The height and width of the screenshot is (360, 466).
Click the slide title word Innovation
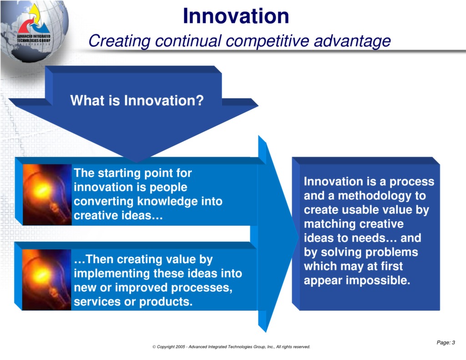pyautogui.click(x=236, y=16)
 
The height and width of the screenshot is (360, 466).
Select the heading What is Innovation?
pyautogui.click(x=137, y=100)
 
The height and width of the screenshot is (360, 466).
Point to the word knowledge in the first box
pyautogui.click(x=168, y=201)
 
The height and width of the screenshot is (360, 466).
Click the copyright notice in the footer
pyautogui.click(x=231, y=347)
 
